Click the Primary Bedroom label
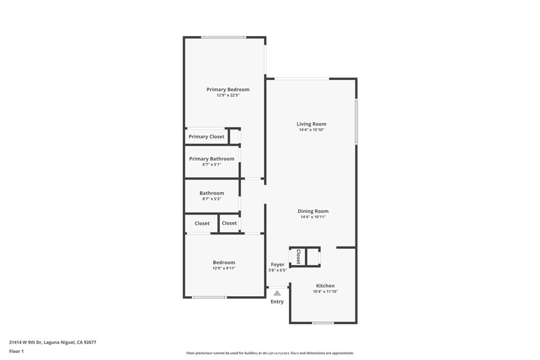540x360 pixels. pyautogui.click(x=228, y=90)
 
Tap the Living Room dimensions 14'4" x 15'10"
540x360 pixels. pyautogui.click(x=311, y=130)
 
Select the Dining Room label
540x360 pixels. pyautogui.click(x=313, y=211)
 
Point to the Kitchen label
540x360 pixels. pyautogui.click(x=325, y=286)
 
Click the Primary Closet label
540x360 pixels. pyautogui.click(x=206, y=137)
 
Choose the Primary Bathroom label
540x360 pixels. pyautogui.click(x=211, y=159)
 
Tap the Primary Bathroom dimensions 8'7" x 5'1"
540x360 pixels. pyautogui.click(x=211, y=164)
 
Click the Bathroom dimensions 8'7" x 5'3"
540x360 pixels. pyautogui.click(x=211, y=199)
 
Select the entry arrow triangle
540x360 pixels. pyautogui.click(x=277, y=293)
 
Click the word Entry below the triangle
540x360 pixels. pyautogui.click(x=277, y=302)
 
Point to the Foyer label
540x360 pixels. pyautogui.click(x=277, y=265)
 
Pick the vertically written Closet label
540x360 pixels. pyautogui.click(x=298, y=257)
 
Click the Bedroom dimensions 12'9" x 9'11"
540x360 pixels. pyautogui.click(x=224, y=268)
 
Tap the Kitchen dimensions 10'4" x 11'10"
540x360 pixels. pyautogui.click(x=325, y=291)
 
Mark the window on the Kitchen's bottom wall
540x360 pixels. pyautogui.click(x=323, y=323)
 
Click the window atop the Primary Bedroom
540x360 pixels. pyautogui.click(x=224, y=37)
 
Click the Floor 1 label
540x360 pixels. pyautogui.click(x=16, y=351)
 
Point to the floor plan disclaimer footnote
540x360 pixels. pyautogui.click(x=269, y=353)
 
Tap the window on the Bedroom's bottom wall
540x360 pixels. pyautogui.click(x=209, y=298)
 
